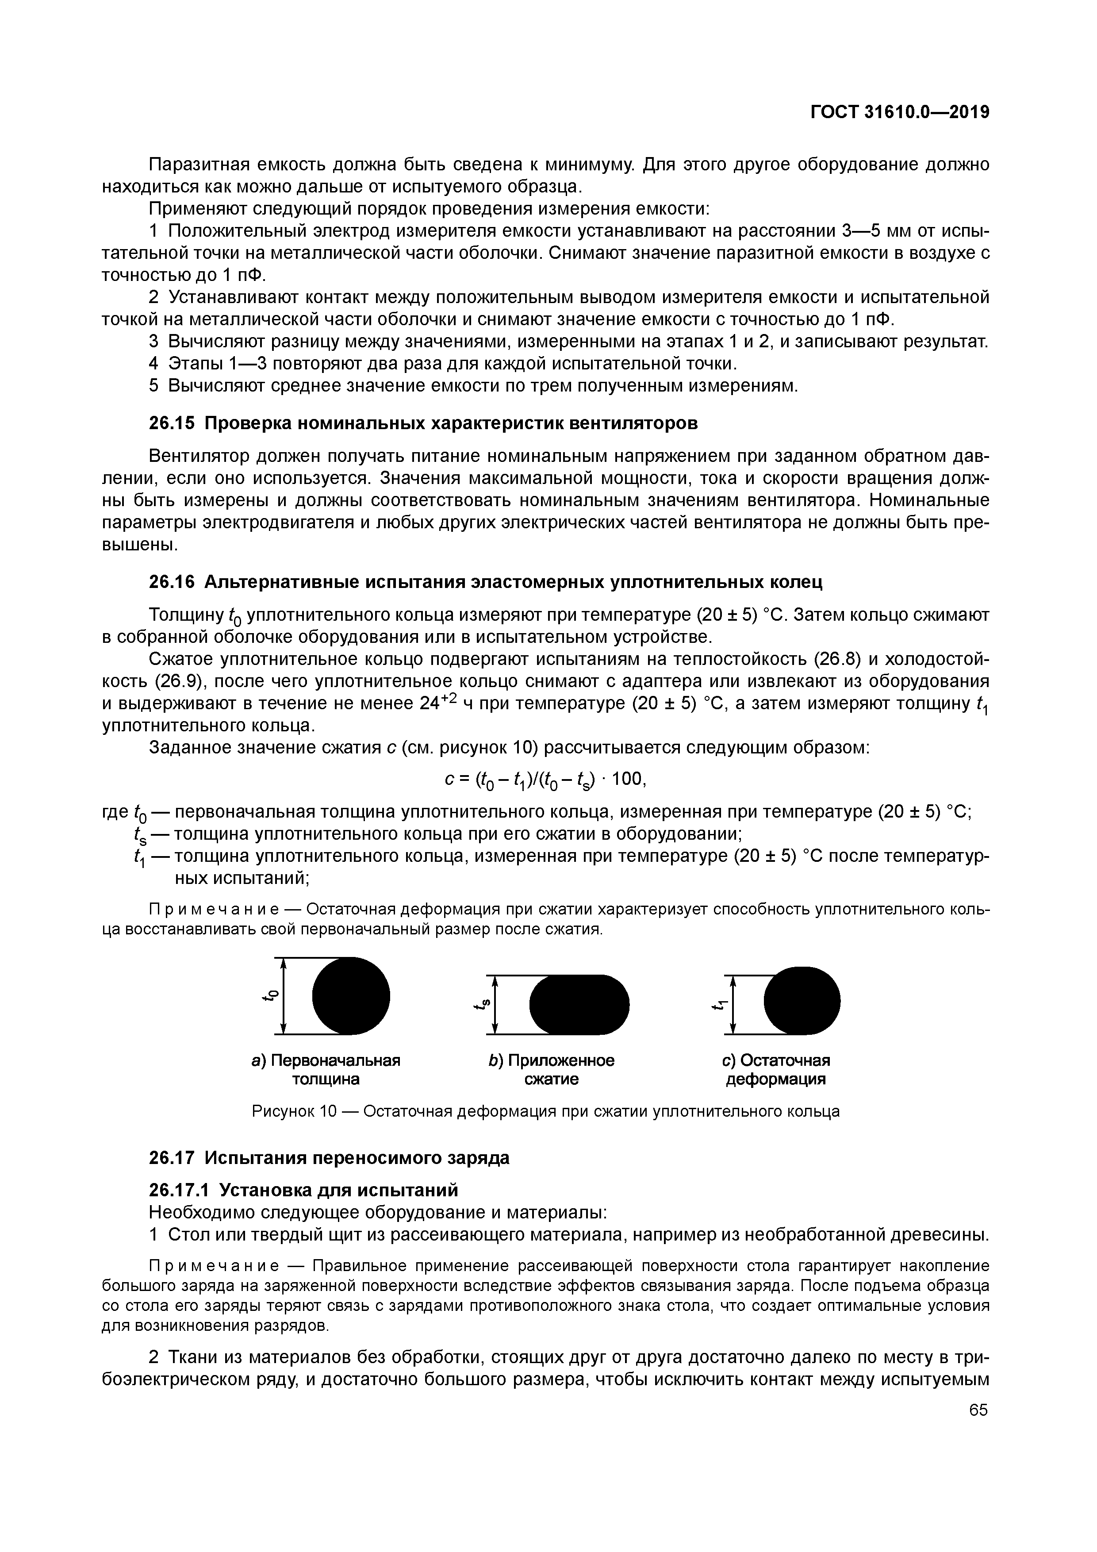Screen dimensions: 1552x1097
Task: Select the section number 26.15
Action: (x=172, y=423)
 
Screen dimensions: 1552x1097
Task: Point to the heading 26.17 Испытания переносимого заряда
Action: (x=329, y=1158)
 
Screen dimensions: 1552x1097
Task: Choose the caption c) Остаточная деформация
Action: (x=775, y=1069)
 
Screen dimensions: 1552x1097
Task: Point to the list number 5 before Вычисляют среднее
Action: (x=153, y=386)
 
